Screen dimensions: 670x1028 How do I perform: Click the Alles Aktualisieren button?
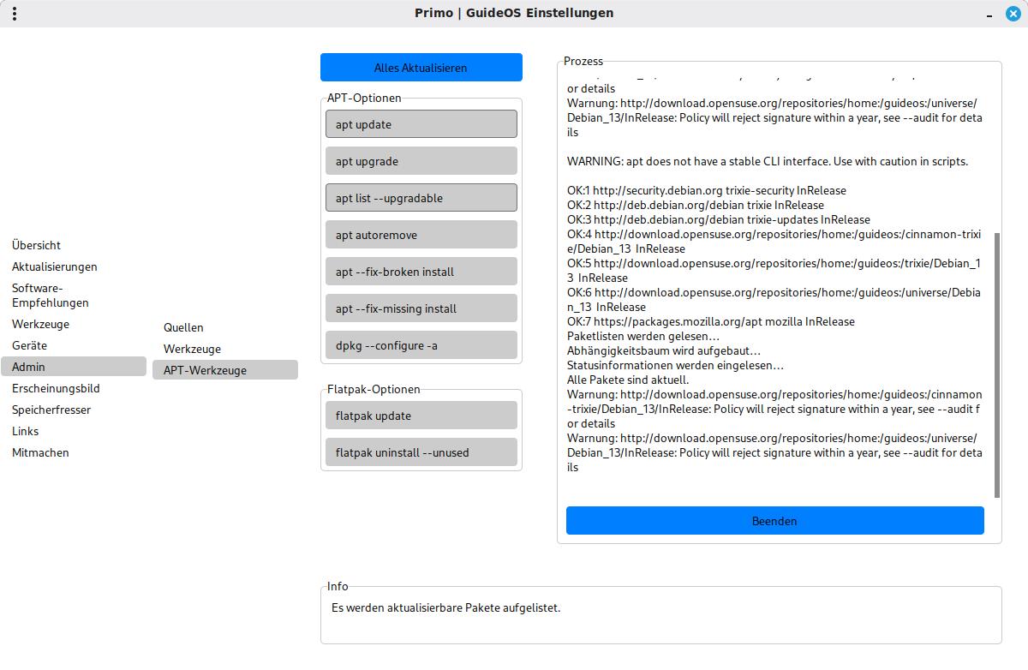tap(421, 68)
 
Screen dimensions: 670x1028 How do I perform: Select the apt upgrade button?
tap(421, 161)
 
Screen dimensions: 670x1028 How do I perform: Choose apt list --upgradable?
tap(421, 198)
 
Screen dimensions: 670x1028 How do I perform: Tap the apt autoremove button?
tap(421, 235)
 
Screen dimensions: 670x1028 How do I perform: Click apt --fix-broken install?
tap(421, 272)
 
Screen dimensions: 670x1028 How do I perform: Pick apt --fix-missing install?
tap(421, 308)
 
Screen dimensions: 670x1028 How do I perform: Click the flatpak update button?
tap(421, 416)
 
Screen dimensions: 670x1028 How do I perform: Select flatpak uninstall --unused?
tap(421, 452)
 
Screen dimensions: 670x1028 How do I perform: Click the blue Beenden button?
tap(774, 521)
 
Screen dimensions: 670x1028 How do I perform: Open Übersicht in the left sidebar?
tap(37, 245)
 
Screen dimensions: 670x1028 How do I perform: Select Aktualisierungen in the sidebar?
tap(55, 266)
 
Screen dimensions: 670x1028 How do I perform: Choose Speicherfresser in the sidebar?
tap(51, 410)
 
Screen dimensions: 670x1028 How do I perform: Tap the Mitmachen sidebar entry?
tap(40, 452)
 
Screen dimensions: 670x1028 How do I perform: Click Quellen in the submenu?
tap(183, 327)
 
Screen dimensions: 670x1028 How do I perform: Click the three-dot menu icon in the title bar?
tap(15, 14)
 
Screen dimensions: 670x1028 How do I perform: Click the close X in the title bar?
tap(1013, 14)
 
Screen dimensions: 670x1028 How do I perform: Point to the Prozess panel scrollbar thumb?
tap(996, 364)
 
